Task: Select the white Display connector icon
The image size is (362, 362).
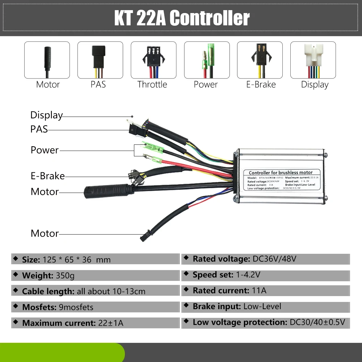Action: [x=313, y=60]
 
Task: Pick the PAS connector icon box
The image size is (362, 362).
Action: [x=100, y=60]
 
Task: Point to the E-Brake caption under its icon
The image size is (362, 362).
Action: [x=261, y=85]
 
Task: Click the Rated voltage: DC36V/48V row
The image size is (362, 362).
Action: [x=265, y=259]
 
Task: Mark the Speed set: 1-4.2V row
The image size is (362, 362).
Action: [x=265, y=275]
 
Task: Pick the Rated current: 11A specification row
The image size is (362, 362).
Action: [x=265, y=291]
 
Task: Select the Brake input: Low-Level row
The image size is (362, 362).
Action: [x=265, y=307]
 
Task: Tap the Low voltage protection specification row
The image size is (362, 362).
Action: [x=265, y=322]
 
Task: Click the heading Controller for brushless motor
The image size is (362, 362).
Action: [x=281, y=172]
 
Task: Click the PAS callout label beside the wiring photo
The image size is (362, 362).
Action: [x=39, y=129]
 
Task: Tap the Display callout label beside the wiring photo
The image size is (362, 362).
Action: [x=46, y=115]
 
